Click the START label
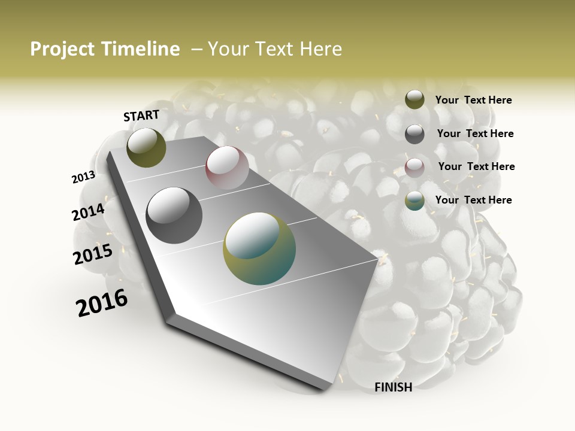click(141, 116)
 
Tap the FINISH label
click(393, 387)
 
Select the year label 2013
click(83, 177)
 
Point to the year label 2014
click(88, 212)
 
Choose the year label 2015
click(93, 254)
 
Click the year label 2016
click(102, 303)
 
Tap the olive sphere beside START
click(146, 147)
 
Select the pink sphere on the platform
click(227, 168)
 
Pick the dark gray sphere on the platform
click(174, 215)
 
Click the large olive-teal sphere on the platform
click(259, 248)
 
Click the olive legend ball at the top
click(414, 99)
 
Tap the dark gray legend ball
click(414, 134)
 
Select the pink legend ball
click(414, 168)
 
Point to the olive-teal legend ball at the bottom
click(414, 201)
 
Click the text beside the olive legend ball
click(473, 100)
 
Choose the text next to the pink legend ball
click(476, 166)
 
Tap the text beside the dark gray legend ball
click(475, 133)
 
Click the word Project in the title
click(62, 49)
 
